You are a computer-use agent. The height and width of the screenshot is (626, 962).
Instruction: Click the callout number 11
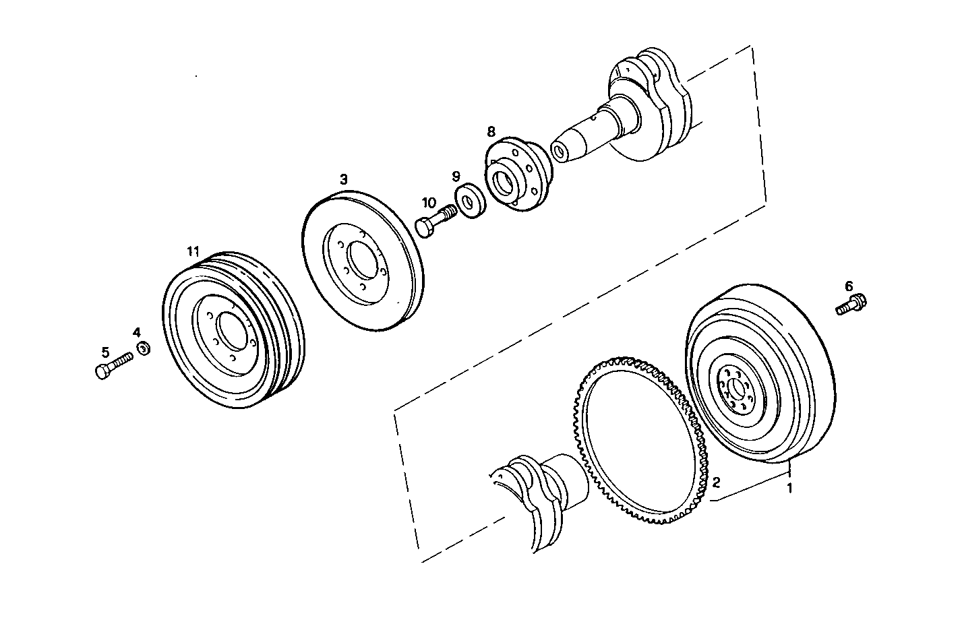[x=193, y=251]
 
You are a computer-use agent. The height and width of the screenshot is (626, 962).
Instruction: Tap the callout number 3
[x=344, y=179]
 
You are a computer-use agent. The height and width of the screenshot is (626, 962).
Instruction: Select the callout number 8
[x=491, y=130]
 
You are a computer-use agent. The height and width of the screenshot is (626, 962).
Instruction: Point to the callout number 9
[x=456, y=176]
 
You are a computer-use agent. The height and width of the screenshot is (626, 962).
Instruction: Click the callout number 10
[x=429, y=202]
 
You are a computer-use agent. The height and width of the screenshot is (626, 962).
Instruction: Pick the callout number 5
[x=105, y=352]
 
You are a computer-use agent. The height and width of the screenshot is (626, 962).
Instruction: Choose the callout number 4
[x=137, y=332]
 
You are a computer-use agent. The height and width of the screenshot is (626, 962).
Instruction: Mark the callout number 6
[x=849, y=286]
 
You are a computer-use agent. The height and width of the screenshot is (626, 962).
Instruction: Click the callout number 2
[x=716, y=482]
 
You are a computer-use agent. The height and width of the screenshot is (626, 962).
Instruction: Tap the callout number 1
[x=790, y=487]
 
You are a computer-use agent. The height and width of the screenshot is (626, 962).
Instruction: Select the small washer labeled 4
[x=144, y=349]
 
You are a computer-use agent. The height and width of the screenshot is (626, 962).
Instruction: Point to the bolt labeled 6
[x=851, y=305]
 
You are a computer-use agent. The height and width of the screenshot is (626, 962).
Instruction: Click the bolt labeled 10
[x=435, y=220]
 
